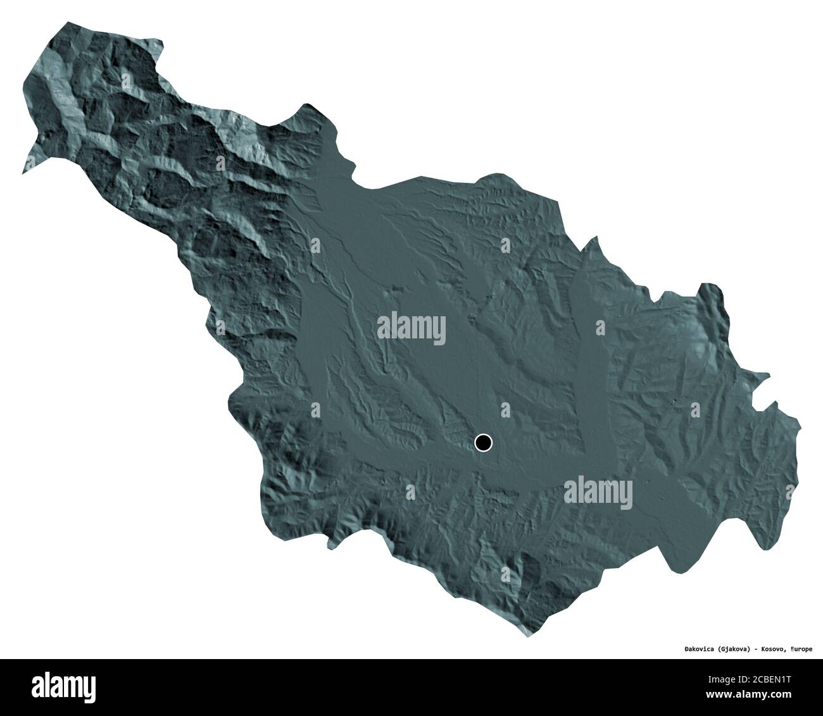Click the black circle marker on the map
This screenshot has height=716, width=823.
point(483,443)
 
